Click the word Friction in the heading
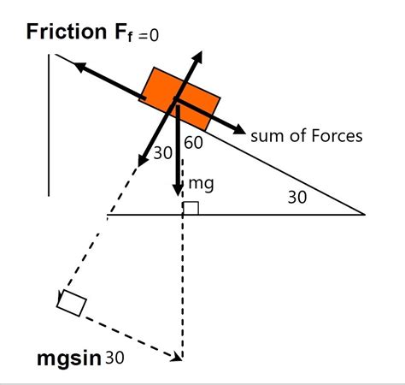[x=67, y=32]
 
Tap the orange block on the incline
[x=179, y=98]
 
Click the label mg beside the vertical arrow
[x=201, y=184]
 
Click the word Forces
[x=337, y=136]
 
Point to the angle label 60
[x=194, y=143]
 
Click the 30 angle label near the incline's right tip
[x=297, y=197]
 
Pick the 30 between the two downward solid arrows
[x=162, y=153]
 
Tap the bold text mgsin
[x=69, y=358]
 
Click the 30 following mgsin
[x=114, y=358]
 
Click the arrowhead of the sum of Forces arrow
[x=239, y=130]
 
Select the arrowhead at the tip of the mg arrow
[x=178, y=189]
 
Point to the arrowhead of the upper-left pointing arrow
[x=80, y=67]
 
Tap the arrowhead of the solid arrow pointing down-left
[x=142, y=161]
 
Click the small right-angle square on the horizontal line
[x=191, y=208]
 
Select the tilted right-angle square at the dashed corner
[x=72, y=303]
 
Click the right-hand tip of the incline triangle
[x=365, y=214]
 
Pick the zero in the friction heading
[x=154, y=36]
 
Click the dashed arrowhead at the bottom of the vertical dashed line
[x=177, y=357]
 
